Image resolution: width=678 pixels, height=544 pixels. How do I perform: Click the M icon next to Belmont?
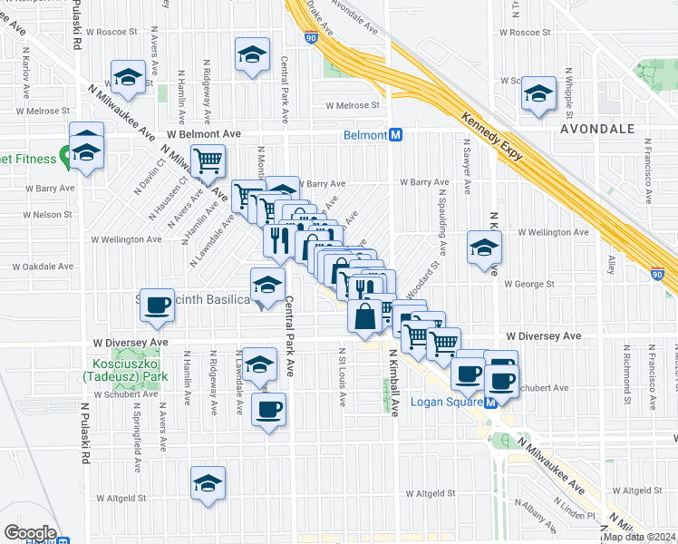coord(396,135)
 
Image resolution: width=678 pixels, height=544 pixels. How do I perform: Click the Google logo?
coord(29,533)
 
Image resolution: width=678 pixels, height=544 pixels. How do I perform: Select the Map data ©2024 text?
coord(640,538)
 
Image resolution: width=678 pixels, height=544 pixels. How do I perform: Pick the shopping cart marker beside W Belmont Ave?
coord(208,161)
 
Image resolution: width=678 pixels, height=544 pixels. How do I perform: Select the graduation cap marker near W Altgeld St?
coord(208,481)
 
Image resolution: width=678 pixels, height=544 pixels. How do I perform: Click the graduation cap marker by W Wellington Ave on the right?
coord(484,247)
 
